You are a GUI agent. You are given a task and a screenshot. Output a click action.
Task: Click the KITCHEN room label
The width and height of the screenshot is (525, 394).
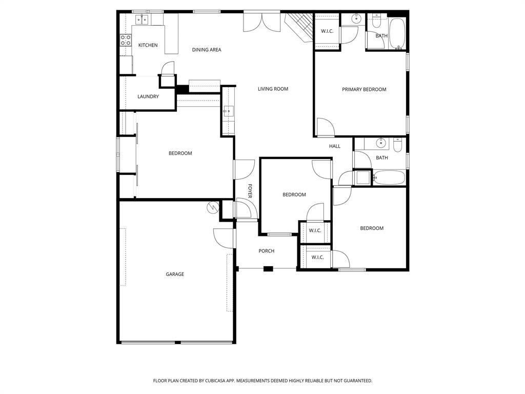(148, 45)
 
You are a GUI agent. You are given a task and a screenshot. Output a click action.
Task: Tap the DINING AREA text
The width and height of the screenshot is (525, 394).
(207, 50)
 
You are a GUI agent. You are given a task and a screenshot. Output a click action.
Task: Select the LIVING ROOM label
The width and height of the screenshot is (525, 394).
(273, 89)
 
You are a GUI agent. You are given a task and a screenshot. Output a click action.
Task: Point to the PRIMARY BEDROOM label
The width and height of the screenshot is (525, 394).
(364, 89)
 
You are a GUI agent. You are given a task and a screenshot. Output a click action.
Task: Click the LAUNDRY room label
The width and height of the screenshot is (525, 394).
(148, 96)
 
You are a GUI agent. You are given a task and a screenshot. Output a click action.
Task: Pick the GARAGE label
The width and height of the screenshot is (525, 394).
(174, 274)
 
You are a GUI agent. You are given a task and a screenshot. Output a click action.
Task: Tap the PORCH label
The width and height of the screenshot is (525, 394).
(266, 251)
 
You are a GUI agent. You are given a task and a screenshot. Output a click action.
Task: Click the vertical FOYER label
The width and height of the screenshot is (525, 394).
(250, 191)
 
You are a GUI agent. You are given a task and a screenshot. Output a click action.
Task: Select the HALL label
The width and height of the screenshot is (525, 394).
(334, 146)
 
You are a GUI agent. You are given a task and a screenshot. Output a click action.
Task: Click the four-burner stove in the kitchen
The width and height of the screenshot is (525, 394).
(125, 40)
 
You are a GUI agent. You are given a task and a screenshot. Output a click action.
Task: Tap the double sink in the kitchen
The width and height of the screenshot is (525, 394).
(141, 19)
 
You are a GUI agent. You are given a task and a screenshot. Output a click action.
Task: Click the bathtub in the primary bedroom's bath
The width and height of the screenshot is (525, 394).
(397, 34)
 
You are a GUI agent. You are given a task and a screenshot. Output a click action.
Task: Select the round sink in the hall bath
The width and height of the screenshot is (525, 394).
(381, 142)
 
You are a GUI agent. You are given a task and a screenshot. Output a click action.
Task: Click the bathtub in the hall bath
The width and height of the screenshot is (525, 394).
(389, 178)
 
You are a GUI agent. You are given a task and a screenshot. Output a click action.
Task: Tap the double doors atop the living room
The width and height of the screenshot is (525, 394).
(261, 22)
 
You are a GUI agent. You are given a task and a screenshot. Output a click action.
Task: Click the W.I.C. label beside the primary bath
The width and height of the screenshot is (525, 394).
(327, 31)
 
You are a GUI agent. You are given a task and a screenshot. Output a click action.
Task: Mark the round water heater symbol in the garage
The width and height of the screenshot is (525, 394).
(212, 207)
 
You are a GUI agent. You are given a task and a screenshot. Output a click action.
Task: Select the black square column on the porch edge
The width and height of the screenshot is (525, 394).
(268, 268)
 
